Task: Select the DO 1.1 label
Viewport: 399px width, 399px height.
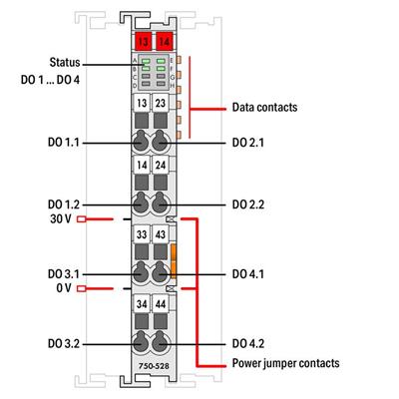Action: [x=61, y=144]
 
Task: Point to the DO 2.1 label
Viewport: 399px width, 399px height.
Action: [x=251, y=144]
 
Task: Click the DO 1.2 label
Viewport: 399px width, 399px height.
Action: [x=61, y=204]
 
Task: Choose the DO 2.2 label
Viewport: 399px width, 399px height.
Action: [x=251, y=204]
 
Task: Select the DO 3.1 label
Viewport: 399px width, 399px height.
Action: [x=61, y=273]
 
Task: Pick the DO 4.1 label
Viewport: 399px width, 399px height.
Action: [x=251, y=273]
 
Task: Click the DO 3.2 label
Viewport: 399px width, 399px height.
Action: [x=61, y=342]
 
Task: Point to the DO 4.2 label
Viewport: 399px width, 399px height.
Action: [x=251, y=342]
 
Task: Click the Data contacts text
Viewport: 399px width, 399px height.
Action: [x=266, y=104]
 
